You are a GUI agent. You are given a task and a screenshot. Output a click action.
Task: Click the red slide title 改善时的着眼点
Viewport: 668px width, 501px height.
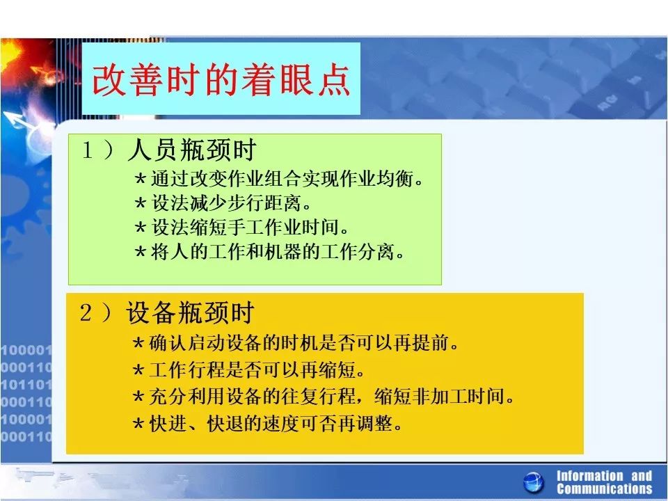(221, 79)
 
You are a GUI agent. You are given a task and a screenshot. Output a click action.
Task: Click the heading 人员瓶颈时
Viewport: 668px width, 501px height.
(192, 150)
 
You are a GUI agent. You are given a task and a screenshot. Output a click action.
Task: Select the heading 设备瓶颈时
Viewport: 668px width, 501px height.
(190, 312)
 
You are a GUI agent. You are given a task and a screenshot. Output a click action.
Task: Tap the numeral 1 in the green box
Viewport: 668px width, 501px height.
(88, 150)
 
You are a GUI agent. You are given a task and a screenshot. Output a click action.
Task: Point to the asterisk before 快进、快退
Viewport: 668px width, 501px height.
(138, 424)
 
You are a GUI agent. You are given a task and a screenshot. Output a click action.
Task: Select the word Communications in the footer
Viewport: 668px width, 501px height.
(605, 488)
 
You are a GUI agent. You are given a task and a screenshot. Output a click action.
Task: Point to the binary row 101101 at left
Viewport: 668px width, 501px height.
(26, 385)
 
